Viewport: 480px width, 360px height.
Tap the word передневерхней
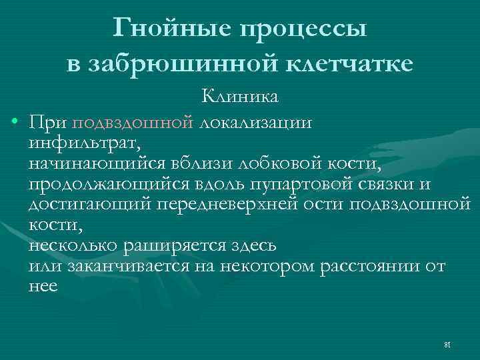(227, 203)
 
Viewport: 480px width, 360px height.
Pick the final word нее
(43, 287)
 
